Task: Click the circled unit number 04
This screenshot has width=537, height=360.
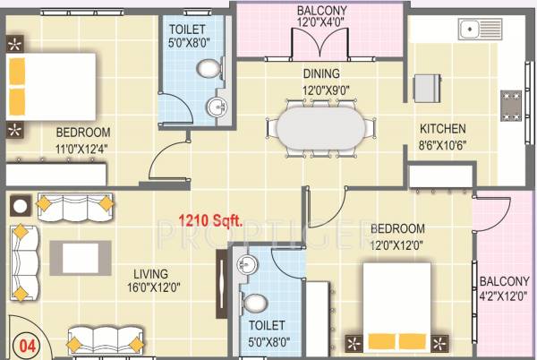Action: pos(28,344)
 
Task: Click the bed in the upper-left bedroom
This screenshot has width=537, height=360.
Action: pos(50,83)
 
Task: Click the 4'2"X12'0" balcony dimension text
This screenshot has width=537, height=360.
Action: pos(504,296)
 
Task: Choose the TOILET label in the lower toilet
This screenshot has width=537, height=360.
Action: pos(267,325)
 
